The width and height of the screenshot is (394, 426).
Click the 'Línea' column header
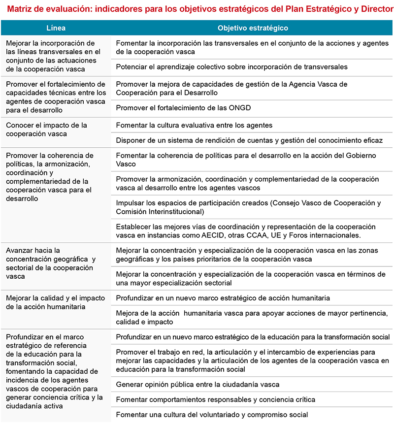click(x=56, y=28)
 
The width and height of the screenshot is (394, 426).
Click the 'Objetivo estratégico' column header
click(x=253, y=28)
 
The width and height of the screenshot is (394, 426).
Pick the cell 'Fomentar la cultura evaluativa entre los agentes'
click(x=194, y=125)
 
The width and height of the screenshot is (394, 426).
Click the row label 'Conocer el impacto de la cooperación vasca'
click(x=46, y=129)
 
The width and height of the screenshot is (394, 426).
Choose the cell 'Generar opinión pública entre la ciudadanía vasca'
click(x=197, y=384)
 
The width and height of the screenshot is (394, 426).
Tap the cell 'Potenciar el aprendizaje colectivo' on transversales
click(x=231, y=66)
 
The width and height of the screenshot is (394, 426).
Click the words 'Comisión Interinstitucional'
click(x=160, y=212)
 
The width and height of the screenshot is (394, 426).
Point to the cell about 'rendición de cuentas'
click(x=249, y=140)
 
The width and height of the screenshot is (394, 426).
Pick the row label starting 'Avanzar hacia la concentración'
click(x=51, y=263)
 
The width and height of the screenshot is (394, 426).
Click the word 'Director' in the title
click(x=374, y=9)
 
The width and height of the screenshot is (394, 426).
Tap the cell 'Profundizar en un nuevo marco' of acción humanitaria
click(x=223, y=297)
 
